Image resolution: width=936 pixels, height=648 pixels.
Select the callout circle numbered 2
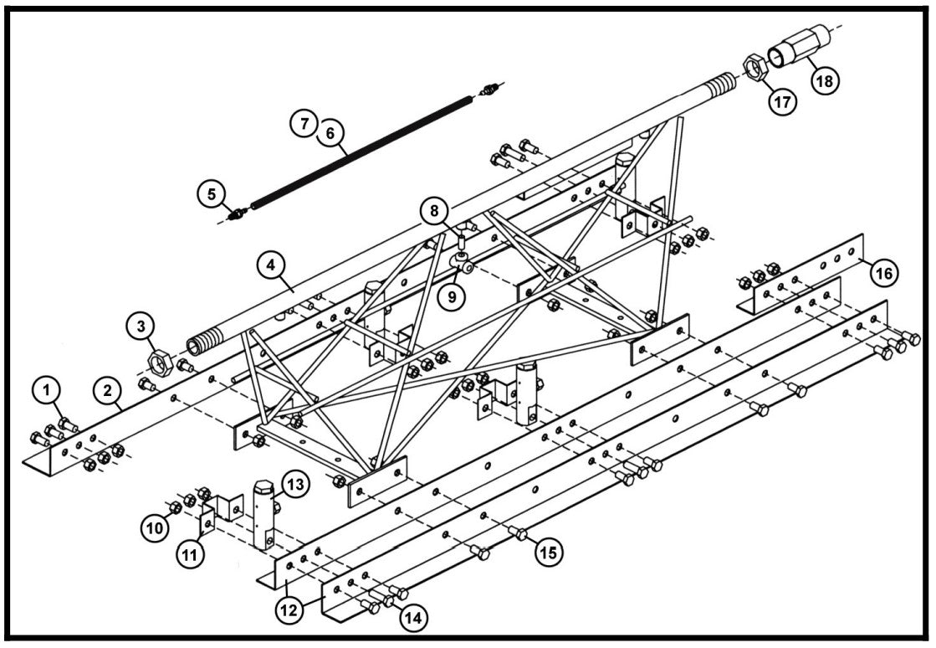pos(107,390)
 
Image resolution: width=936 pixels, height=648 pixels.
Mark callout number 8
pos(435,211)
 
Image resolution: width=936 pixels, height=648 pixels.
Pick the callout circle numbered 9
pos(452,297)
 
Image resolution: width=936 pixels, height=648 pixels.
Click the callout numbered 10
pos(155,528)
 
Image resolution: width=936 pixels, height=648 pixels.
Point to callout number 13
pos(294,484)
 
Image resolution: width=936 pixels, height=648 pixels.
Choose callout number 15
pos(549,552)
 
